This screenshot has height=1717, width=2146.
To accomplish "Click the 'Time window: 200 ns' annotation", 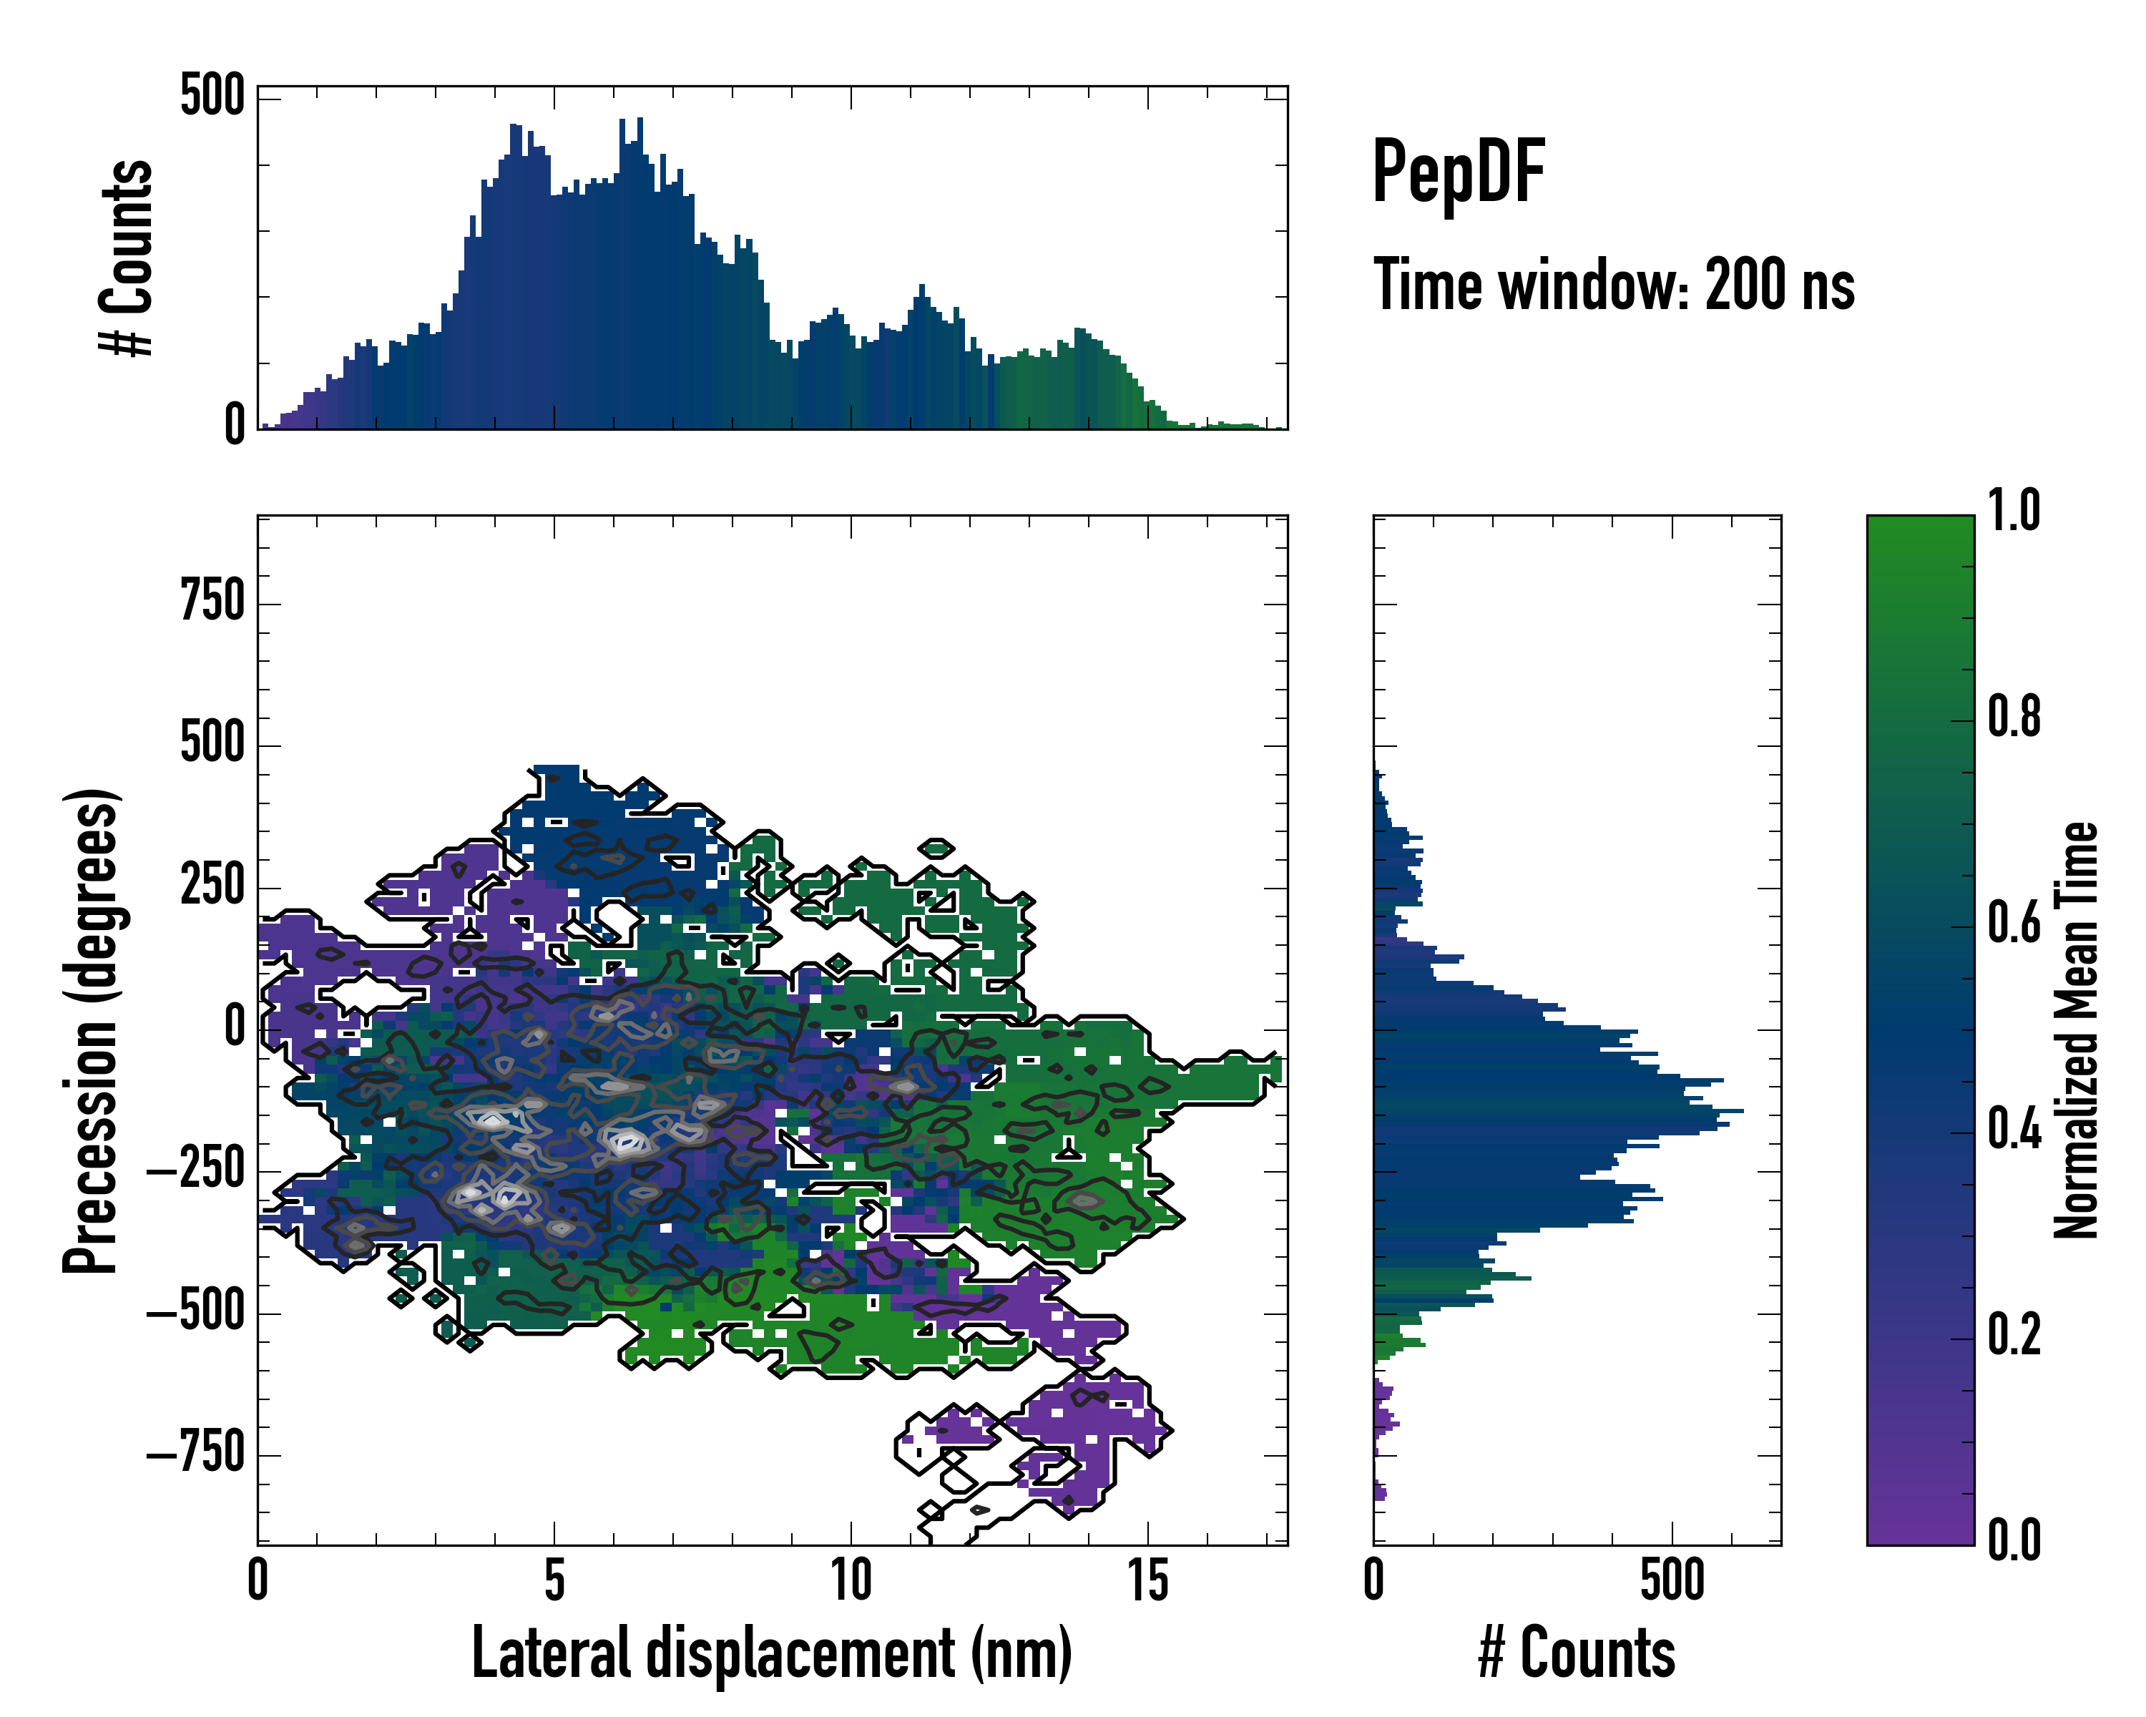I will [x=1614, y=285].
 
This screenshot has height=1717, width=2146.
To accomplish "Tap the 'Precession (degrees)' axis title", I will [x=92, y=1030].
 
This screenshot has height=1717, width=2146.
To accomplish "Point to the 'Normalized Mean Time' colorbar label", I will [x=2077, y=1030].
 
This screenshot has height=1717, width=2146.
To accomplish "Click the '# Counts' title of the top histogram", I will [x=127, y=258].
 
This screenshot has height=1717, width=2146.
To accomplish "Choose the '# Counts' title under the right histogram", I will [x=1577, y=1653].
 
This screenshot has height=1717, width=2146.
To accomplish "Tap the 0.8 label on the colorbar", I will [x=2014, y=718].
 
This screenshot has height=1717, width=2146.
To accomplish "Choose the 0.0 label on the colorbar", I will [x=2014, y=1541].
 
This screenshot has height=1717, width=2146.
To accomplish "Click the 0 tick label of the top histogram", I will [x=235, y=425].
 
